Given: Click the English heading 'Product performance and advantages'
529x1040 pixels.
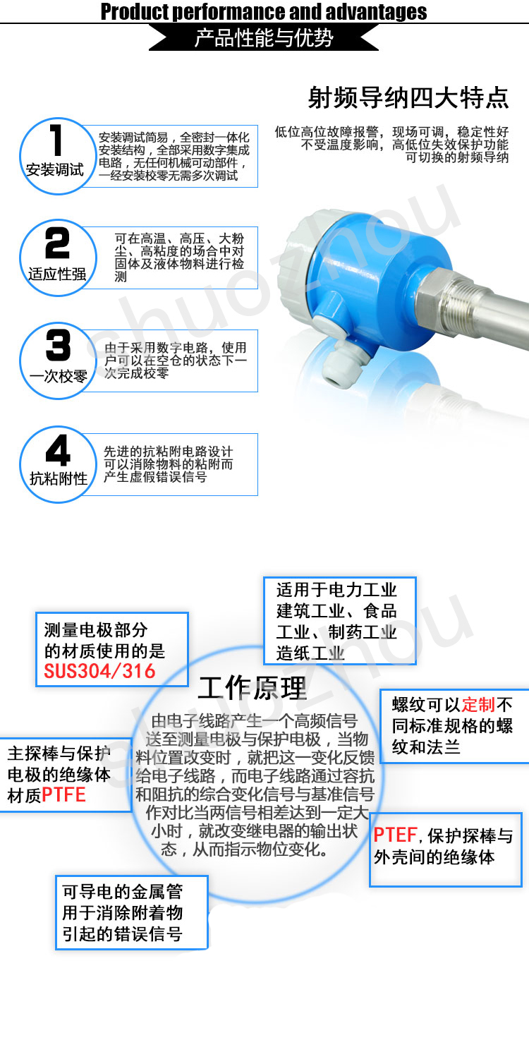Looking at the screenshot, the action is pyautogui.click(x=264, y=11).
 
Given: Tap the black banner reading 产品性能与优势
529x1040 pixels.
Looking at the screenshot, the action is pyautogui.click(x=264, y=37).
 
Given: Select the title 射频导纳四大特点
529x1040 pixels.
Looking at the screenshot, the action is pyautogui.click(x=408, y=98).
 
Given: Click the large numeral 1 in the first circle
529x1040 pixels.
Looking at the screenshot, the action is pyautogui.click(x=56, y=140).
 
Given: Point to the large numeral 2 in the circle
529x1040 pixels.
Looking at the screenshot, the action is pyautogui.click(x=57, y=243).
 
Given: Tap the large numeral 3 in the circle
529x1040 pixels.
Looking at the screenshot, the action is pyautogui.click(x=58, y=346).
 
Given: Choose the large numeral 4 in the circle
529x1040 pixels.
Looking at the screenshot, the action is pyautogui.click(x=58, y=449).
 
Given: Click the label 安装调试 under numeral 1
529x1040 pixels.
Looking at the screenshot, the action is pyautogui.click(x=55, y=170).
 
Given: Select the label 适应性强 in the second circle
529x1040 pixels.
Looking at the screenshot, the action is pyautogui.click(x=57, y=274).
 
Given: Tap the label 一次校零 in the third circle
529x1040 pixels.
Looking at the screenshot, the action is pyautogui.click(x=59, y=376).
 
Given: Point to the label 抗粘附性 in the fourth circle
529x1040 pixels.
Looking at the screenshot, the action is pyautogui.click(x=59, y=478).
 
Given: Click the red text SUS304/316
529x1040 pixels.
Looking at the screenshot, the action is pyautogui.click(x=99, y=672).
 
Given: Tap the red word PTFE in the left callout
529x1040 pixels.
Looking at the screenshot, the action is pyautogui.click(x=63, y=795).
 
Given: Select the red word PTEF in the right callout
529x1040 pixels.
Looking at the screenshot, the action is pyautogui.click(x=396, y=835).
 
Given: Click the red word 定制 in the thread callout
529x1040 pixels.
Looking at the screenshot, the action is pyautogui.click(x=478, y=705).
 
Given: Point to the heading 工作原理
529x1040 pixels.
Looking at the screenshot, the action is pyautogui.click(x=253, y=688).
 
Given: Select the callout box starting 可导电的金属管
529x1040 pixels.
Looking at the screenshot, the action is pyautogui.click(x=132, y=913).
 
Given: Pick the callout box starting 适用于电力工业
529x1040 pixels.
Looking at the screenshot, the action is pyautogui.click(x=340, y=621).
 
